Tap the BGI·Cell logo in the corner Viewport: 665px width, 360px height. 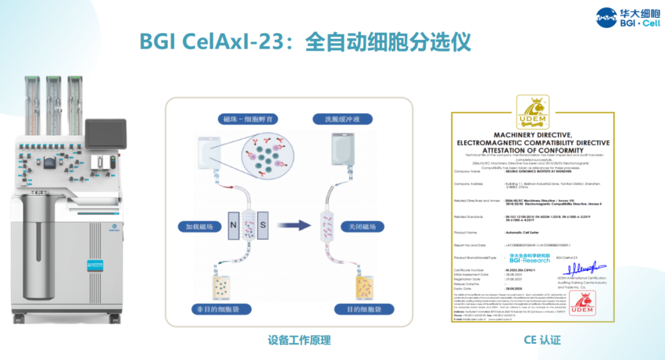click(x=628, y=17)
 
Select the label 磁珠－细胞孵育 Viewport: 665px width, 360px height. click(x=243, y=119)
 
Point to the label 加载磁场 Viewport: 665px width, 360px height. click(x=198, y=226)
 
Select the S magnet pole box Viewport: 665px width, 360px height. click(x=263, y=225)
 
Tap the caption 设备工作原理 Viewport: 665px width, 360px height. click(x=299, y=339)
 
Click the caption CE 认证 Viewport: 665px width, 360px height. click(x=542, y=339)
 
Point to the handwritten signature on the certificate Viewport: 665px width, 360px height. click(x=582, y=270)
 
